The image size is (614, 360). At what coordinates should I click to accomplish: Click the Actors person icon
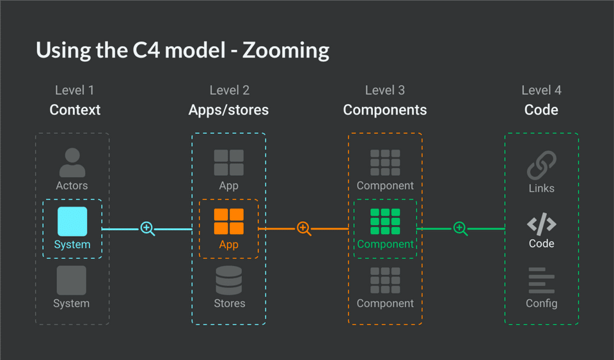pyautogui.click(x=72, y=162)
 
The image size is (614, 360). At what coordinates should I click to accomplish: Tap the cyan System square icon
pyautogui.click(x=72, y=221)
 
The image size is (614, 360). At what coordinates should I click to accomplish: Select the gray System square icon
pyautogui.click(x=71, y=280)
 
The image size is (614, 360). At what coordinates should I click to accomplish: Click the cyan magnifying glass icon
pyautogui.click(x=148, y=228)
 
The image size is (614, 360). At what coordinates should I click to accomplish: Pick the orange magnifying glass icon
pyautogui.click(x=304, y=228)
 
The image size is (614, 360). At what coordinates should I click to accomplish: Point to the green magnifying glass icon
pyautogui.click(x=460, y=228)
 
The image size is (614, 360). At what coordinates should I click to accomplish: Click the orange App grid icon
pyautogui.click(x=229, y=221)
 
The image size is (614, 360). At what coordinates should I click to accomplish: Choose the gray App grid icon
pyautogui.click(x=229, y=162)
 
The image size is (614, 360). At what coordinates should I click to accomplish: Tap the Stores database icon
pyautogui.click(x=229, y=280)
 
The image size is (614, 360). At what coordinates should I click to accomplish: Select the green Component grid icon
pyautogui.click(x=385, y=221)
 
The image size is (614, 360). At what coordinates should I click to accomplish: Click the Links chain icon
pyautogui.click(x=542, y=165)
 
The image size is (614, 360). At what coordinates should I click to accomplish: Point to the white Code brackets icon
pyautogui.click(x=542, y=224)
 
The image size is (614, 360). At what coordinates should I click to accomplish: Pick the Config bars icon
pyautogui.click(x=542, y=280)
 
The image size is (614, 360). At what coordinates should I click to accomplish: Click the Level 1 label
pyautogui.click(x=74, y=90)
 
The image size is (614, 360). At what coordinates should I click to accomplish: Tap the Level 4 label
pyautogui.click(x=542, y=90)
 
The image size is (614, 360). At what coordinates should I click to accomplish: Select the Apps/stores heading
pyautogui.click(x=229, y=110)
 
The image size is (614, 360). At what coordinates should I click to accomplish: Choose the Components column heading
pyautogui.click(x=385, y=110)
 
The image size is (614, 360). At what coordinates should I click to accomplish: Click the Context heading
pyautogui.click(x=75, y=110)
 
